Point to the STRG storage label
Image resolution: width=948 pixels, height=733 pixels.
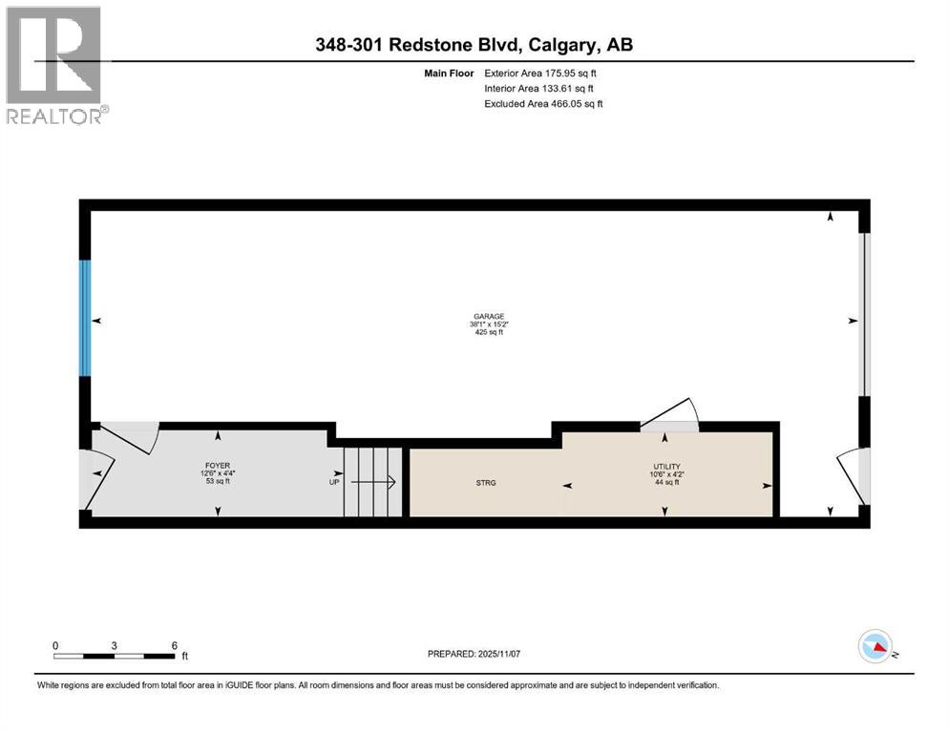coord(486,483)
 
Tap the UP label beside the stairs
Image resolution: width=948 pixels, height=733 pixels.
coord(335,483)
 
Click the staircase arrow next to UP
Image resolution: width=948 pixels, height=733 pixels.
coord(378,483)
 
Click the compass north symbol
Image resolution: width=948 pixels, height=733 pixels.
coord(875,647)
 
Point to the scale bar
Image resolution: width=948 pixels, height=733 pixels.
coord(115,656)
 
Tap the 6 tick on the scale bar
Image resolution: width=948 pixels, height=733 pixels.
coord(175,645)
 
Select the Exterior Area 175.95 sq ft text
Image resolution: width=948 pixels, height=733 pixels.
coord(544,73)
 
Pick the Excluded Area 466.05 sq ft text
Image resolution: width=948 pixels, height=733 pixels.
coord(544,103)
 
